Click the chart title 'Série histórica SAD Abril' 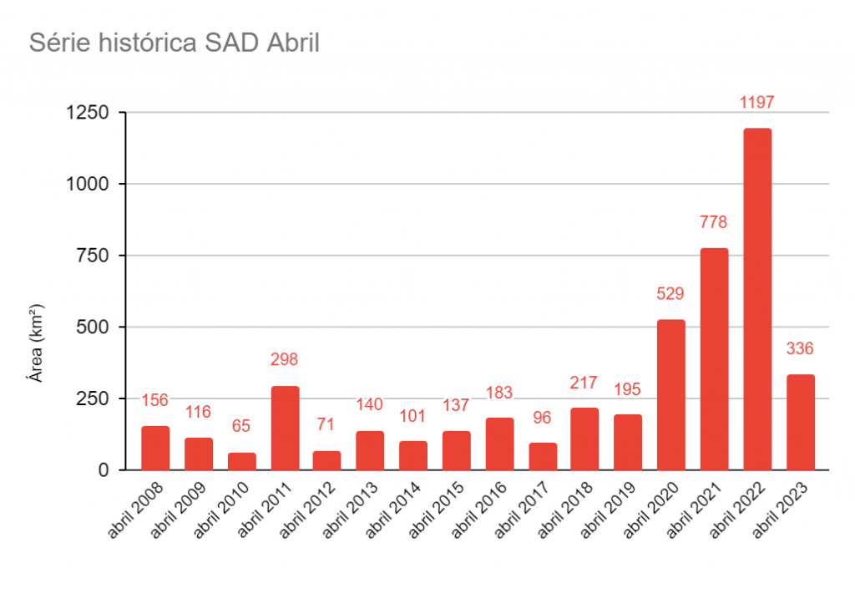coord(175,43)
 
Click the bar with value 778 coord(715,358)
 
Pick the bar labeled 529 coord(671,394)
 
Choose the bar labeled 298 coord(285,428)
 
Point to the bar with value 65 coord(241,460)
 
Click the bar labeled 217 coord(584,439)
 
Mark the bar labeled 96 coord(543,456)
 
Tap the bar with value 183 coord(499,444)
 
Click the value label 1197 coord(757,103)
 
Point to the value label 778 coord(714,222)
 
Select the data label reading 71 coord(326,424)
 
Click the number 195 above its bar coord(628,390)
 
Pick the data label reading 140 coord(369,405)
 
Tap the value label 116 coord(198,412)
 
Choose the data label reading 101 coord(412,416)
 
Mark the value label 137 coord(456,406)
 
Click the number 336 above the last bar coord(800,349)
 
